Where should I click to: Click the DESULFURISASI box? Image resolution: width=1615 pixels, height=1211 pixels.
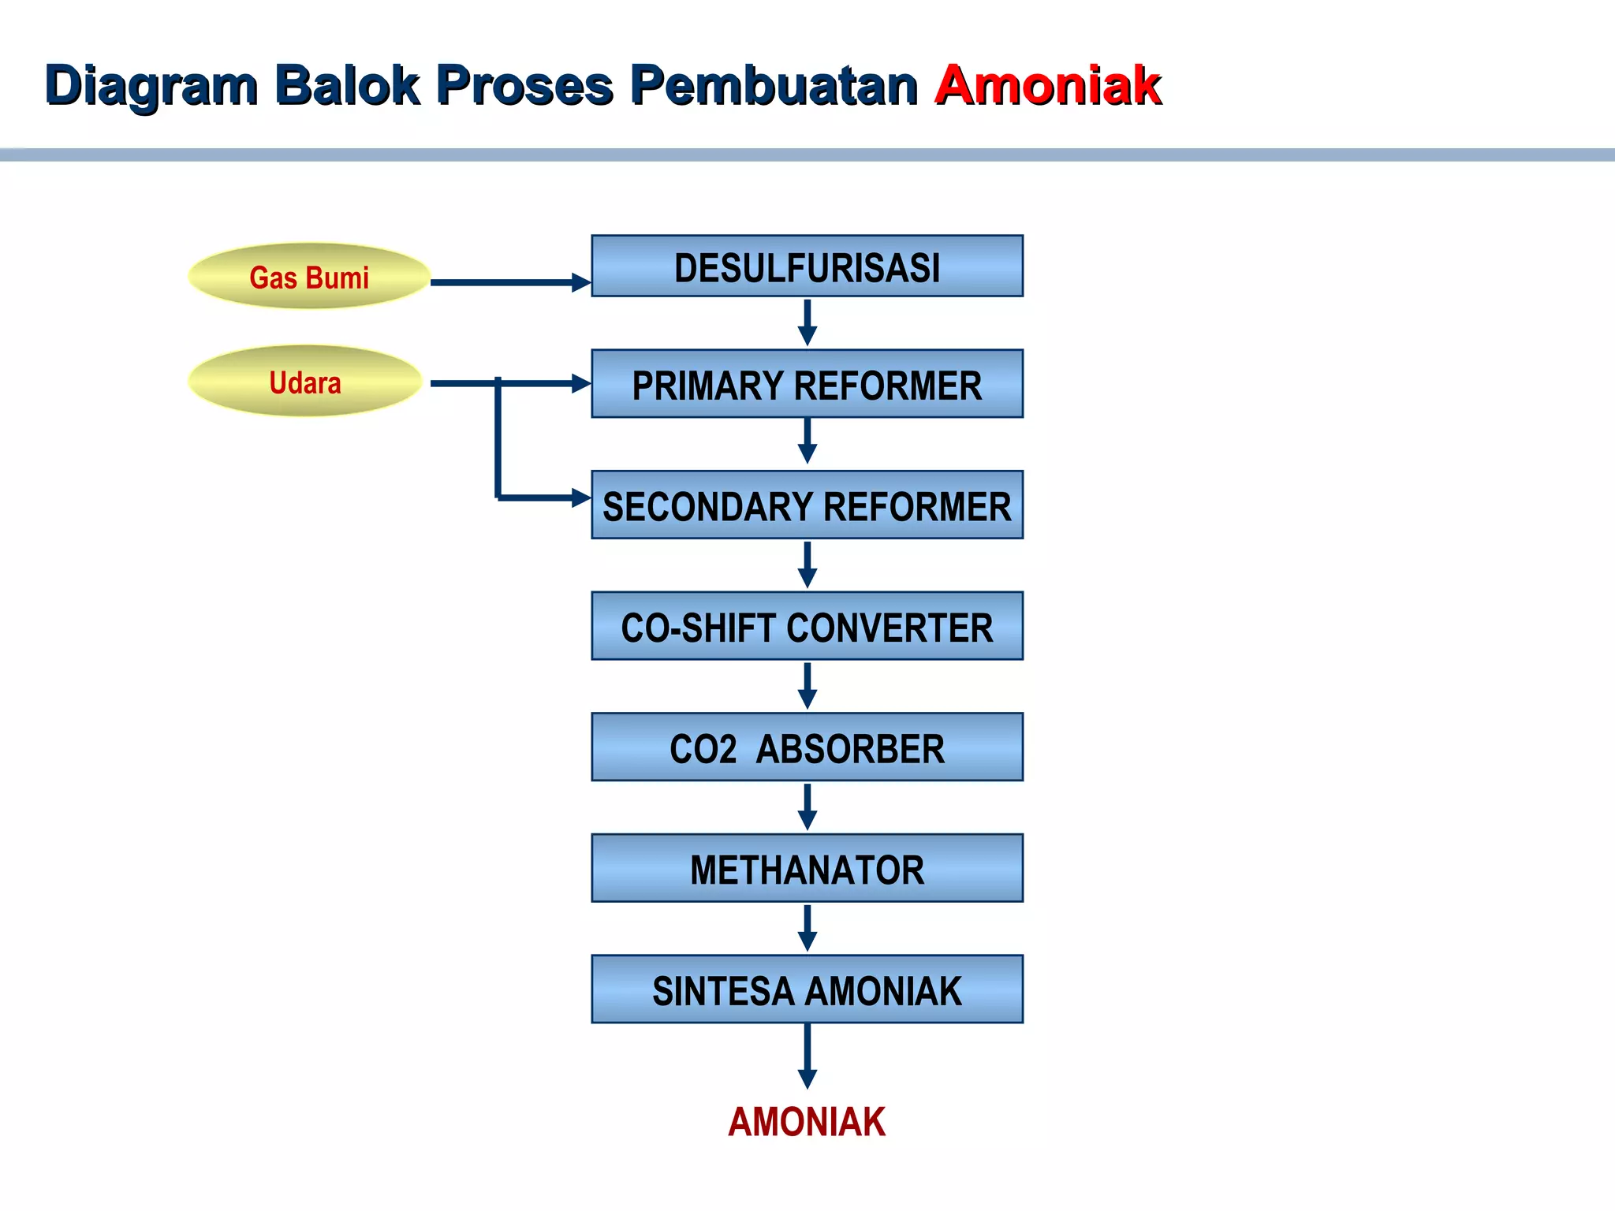coord(807,266)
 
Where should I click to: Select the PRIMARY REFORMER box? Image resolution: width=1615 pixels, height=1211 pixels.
coord(807,384)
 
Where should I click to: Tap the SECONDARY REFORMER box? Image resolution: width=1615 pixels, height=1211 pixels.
coord(807,505)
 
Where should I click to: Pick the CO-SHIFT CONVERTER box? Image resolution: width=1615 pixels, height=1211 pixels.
coord(807,627)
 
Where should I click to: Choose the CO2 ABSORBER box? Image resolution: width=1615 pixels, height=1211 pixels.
coord(807,747)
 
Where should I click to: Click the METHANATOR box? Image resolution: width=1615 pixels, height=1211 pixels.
coord(807,869)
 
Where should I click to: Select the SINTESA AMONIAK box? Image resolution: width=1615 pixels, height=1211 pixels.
coord(807,990)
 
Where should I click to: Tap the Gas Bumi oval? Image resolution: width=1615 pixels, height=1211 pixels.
coord(309,277)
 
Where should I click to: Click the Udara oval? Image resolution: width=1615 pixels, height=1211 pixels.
coord(306,382)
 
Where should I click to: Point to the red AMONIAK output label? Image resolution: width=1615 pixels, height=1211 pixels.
coord(807,1121)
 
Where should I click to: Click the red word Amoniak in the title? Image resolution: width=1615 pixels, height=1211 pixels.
coord(1048,85)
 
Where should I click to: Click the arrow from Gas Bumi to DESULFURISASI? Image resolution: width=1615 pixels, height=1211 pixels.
coord(509,281)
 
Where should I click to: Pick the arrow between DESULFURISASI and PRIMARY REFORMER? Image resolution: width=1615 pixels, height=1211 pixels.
coord(807,322)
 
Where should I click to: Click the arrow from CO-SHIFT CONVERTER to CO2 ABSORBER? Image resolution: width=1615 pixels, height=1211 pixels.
coord(807,685)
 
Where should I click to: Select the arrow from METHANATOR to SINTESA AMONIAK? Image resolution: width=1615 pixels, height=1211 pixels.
coord(807,927)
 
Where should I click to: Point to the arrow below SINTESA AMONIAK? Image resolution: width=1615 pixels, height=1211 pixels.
coord(807,1056)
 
